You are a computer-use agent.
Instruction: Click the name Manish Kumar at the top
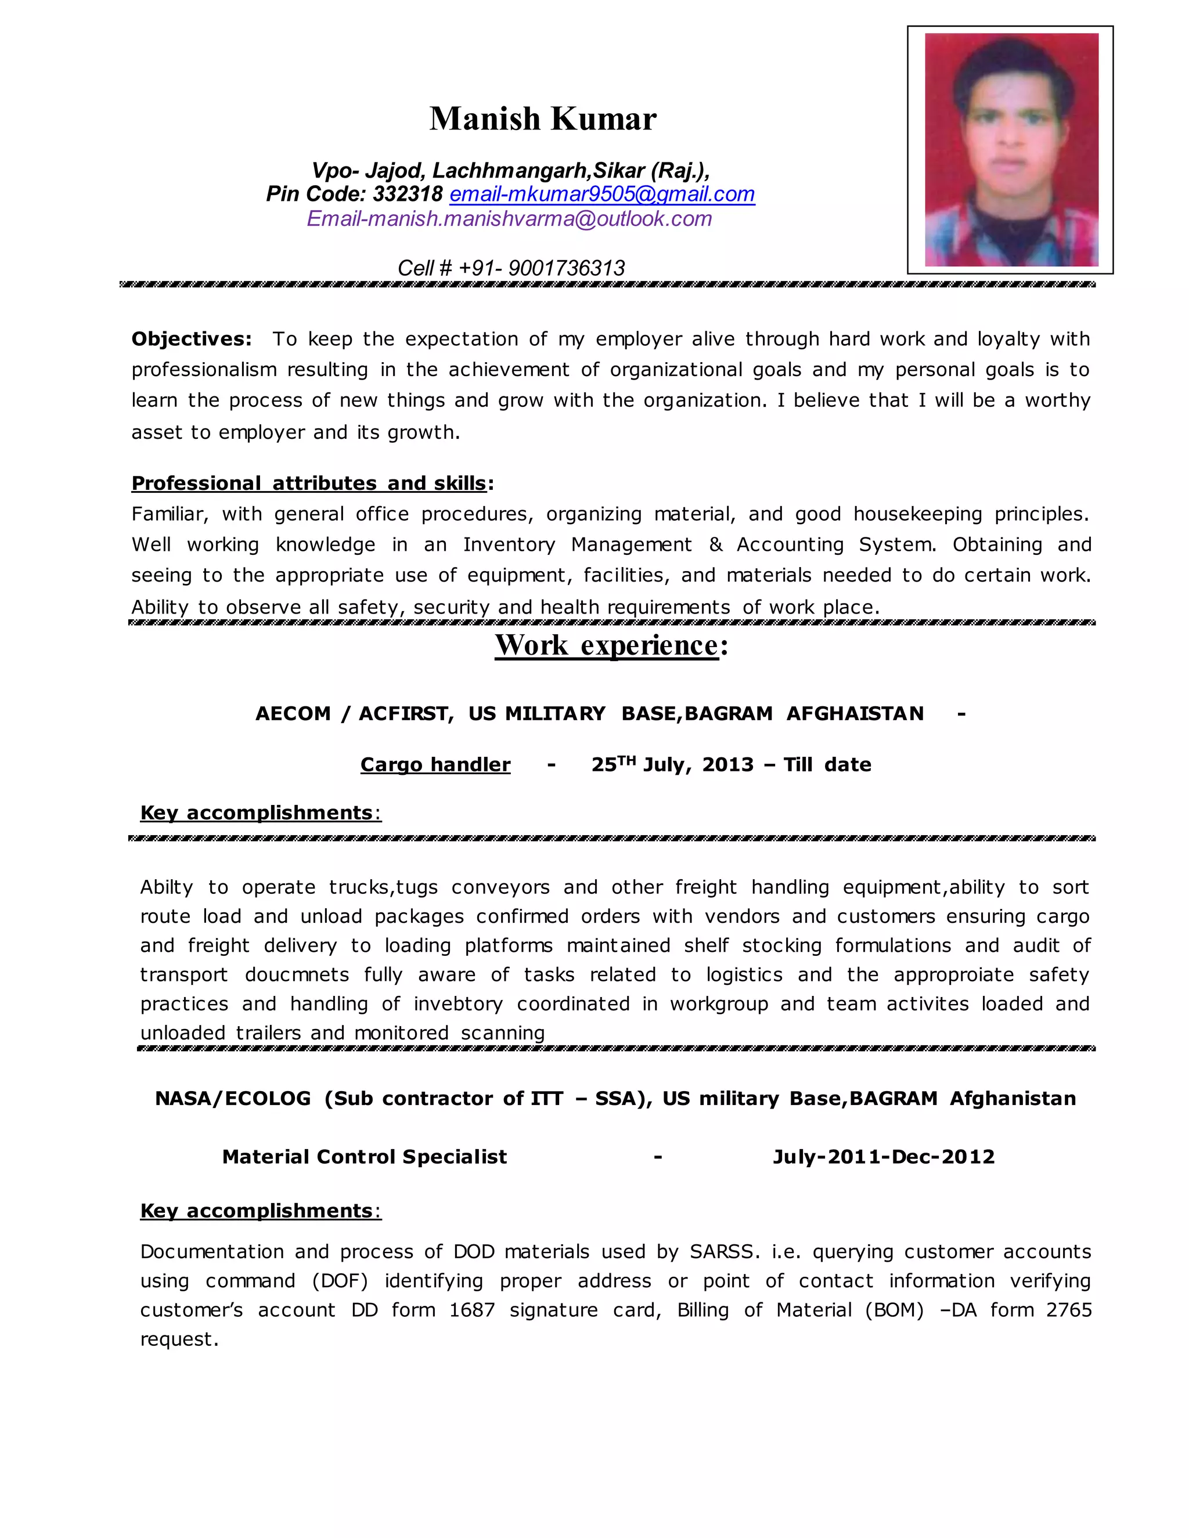click(542, 119)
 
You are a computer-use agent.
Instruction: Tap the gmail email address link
click(601, 194)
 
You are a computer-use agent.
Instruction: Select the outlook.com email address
click(509, 219)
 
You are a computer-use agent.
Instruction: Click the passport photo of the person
click(1010, 149)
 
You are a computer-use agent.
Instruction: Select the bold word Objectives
click(191, 340)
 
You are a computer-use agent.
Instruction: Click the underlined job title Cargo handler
click(435, 765)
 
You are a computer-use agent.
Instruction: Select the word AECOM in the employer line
click(293, 714)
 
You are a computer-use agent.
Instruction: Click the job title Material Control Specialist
click(364, 1157)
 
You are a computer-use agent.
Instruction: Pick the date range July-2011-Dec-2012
click(883, 1157)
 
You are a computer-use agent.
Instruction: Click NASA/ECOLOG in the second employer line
click(232, 1099)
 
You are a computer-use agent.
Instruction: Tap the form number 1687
click(471, 1310)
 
